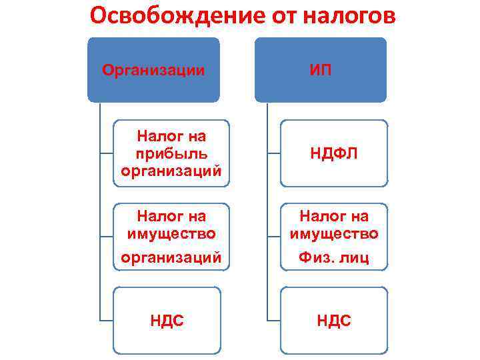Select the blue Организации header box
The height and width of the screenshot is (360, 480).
[153, 69]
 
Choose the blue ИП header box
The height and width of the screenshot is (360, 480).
[321, 69]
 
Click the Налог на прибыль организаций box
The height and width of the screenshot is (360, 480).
[171, 153]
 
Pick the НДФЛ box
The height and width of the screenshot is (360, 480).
[333, 153]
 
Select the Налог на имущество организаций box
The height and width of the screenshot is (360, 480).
[171, 237]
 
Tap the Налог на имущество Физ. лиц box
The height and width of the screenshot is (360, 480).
[333, 237]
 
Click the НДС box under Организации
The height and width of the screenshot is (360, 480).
[167, 321]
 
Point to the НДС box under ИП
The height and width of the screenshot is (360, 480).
[333, 321]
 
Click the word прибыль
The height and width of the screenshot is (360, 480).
[171, 153]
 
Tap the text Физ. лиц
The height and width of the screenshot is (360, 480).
[333, 258]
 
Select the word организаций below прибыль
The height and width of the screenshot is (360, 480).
[171, 171]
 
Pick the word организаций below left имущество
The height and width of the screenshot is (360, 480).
[171, 258]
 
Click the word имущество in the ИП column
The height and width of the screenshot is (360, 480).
[333, 234]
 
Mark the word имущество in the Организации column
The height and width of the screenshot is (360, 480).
[171, 234]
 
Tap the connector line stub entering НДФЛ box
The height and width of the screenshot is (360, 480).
[273, 153]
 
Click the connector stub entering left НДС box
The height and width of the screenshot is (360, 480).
[106, 321]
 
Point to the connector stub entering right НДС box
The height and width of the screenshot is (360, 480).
[273, 321]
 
